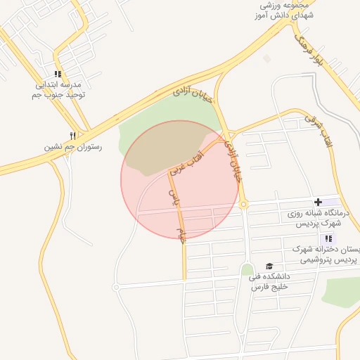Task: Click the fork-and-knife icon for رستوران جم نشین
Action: point(72,136)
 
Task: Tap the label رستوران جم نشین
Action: point(72,148)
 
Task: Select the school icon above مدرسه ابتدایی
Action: point(58,74)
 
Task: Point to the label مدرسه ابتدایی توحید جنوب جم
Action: point(59,89)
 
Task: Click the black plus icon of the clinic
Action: point(319,202)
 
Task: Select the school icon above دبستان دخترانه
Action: point(329,238)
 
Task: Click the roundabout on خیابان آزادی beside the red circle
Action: point(244,205)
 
